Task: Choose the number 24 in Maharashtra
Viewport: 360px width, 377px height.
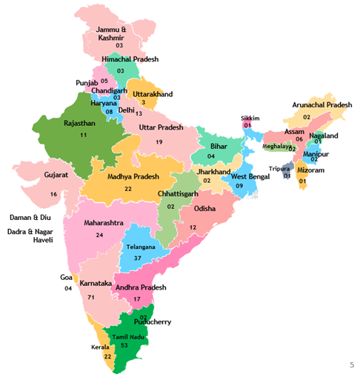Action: tap(99, 235)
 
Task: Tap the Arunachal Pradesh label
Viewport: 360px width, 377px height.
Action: tap(322, 105)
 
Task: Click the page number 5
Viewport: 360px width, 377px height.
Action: tap(351, 365)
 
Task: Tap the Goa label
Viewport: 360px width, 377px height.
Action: tap(67, 277)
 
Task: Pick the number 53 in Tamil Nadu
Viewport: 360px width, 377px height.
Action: tap(124, 345)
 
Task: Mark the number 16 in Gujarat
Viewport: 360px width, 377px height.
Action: tap(53, 194)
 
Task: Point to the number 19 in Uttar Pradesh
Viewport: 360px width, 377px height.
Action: tap(159, 141)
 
